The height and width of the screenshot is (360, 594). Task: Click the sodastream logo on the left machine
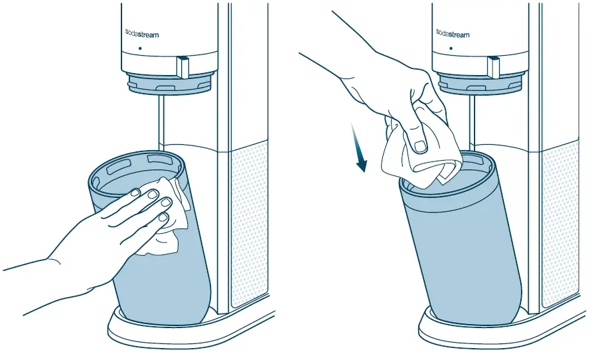coord(141,33)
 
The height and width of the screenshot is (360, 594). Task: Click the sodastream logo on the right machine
coord(453,33)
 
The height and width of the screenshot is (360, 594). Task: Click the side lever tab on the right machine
coord(494,66)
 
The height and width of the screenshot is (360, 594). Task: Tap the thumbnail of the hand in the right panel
coord(419,145)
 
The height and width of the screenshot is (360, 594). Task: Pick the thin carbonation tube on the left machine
coord(159,123)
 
